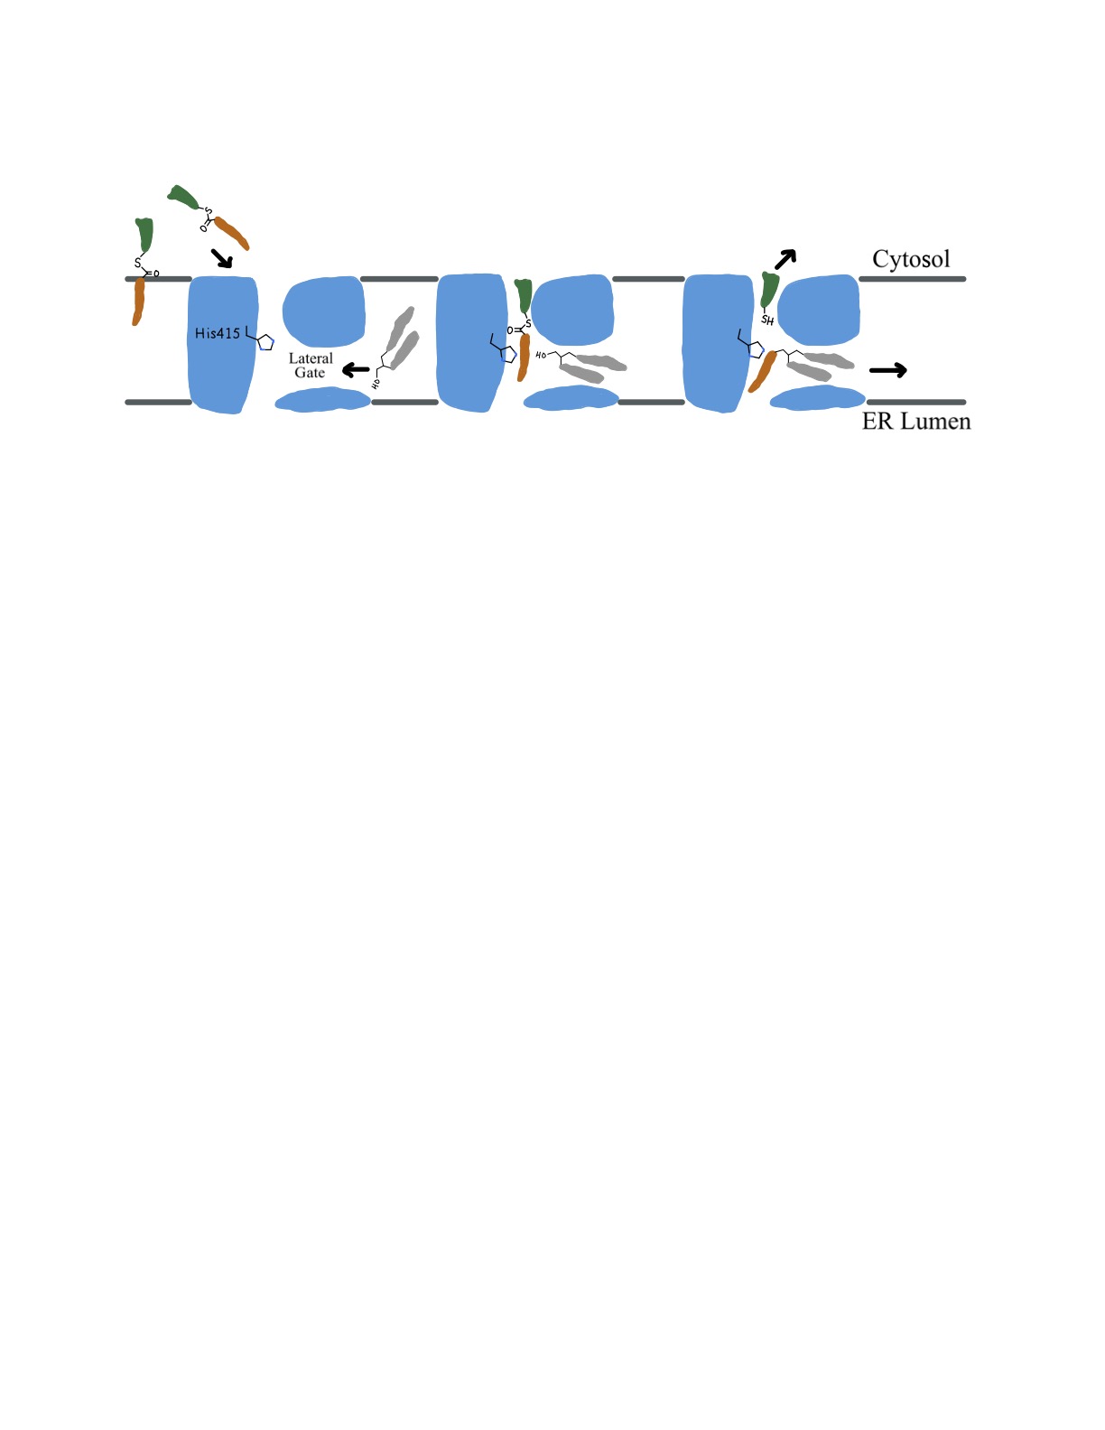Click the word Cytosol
pos(911,259)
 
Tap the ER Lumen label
pos(916,422)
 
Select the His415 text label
pos(218,333)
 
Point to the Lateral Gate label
pos(311,366)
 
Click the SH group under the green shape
pos(767,320)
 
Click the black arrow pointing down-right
pos(221,258)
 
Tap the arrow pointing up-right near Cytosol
pos(785,258)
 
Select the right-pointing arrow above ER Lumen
pos(887,369)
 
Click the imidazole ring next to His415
pos(265,342)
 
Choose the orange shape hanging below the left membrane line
pos(138,302)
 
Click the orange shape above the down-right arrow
pos(231,233)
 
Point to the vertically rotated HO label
pos(376,384)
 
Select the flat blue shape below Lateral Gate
pos(322,400)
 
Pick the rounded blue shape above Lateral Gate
pos(324,310)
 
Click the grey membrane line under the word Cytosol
pos(912,279)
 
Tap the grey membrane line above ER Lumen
pos(915,402)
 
